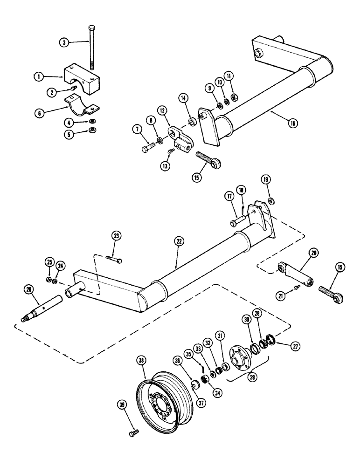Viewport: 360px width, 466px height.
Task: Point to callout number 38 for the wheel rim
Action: click(141, 360)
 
